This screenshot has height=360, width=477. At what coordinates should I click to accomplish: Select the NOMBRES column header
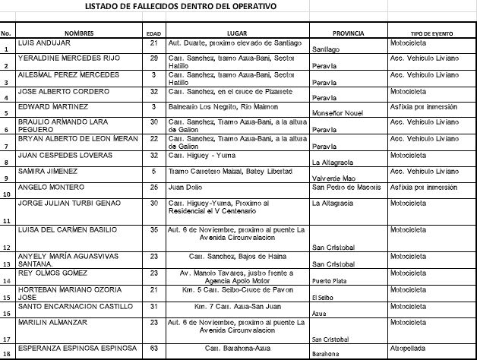point(79,33)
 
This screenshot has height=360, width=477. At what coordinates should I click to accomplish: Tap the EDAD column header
point(153,34)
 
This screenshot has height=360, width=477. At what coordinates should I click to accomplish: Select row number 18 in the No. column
point(5,352)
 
